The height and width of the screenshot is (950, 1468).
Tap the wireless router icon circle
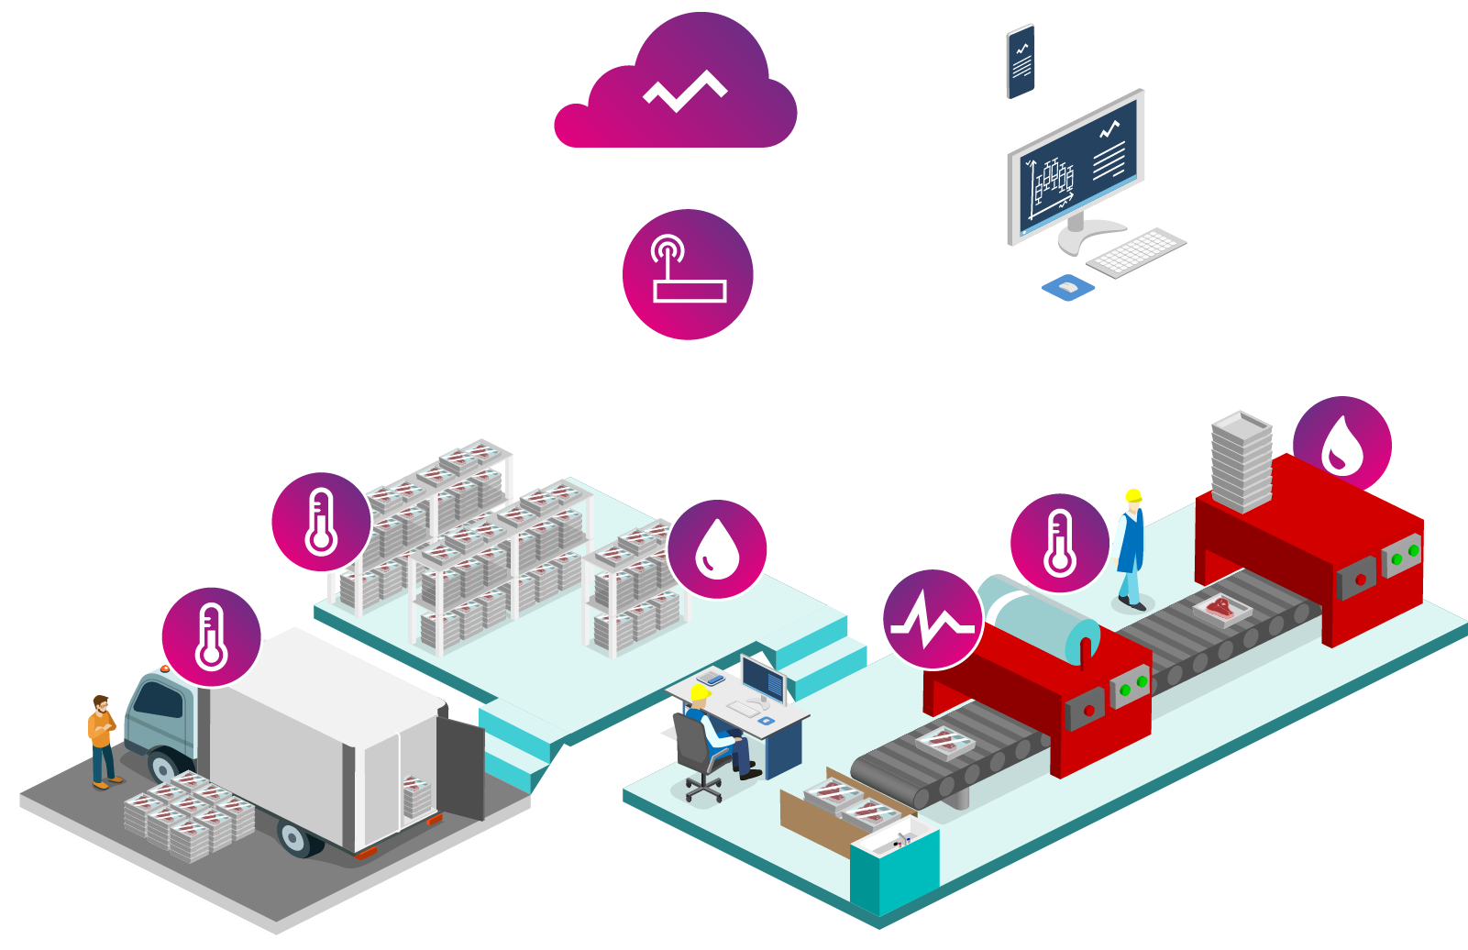click(688, 274)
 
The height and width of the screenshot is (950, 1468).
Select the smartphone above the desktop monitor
click(1021, 61)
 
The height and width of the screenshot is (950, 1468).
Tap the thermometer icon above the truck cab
click(212, 636)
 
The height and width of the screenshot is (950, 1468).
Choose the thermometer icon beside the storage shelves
click(321, 522)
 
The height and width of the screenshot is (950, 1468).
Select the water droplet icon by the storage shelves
click(717, 549)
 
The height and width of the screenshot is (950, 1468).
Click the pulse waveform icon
click(933, 619)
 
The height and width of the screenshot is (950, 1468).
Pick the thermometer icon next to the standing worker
click(1059, 543)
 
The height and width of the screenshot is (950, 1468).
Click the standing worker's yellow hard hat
click(1133, 496)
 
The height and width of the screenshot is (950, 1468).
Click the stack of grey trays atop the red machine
click(1242, 461)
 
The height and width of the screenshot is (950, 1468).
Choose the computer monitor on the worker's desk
click(763, 679)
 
